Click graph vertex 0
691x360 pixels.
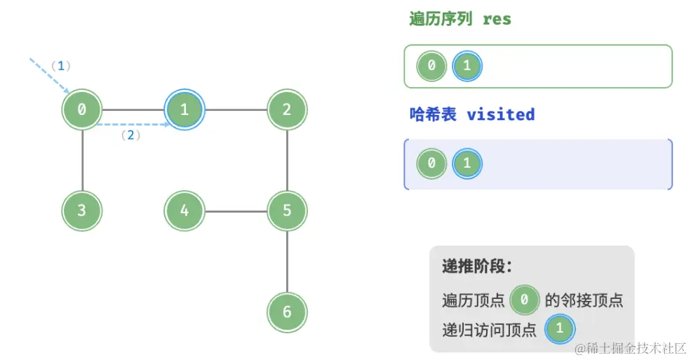82,110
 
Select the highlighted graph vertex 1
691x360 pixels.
185,110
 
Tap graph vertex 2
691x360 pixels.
287,110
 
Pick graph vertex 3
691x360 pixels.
82,210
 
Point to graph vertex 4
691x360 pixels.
185,210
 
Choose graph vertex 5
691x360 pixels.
287,210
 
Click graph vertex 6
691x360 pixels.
287,312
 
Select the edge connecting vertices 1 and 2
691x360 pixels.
236,110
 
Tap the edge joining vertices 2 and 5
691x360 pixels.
287,160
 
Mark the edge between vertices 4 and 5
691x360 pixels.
236,210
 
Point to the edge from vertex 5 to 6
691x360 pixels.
287,261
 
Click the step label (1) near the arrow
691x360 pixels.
61,66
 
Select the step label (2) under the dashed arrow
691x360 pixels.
130,135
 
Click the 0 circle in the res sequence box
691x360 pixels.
431,67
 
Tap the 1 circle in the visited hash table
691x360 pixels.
467,164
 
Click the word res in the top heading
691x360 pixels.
497,19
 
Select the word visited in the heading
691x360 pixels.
500,114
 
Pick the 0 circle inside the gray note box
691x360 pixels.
524,301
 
